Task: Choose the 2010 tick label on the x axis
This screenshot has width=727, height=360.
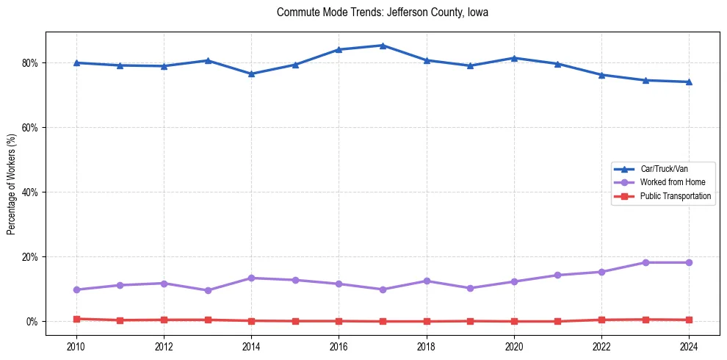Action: point(76,346)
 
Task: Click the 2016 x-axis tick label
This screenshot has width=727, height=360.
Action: point(339,346)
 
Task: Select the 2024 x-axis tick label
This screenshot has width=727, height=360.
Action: point(689,346)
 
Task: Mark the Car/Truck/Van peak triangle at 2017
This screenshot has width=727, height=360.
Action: point(383,46)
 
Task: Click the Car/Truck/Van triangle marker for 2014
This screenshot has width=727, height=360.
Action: point(251,73)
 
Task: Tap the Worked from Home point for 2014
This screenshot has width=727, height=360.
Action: point(251,278)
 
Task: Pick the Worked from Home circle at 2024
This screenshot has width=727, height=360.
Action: point(689,263)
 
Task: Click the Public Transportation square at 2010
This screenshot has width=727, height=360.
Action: point(76,319)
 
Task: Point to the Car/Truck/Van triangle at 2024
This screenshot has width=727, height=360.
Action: point(689,82)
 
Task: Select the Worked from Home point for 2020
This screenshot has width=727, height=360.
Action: point(514,282)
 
